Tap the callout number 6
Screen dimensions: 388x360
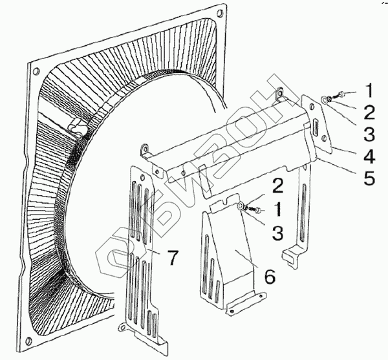(270, 276)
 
